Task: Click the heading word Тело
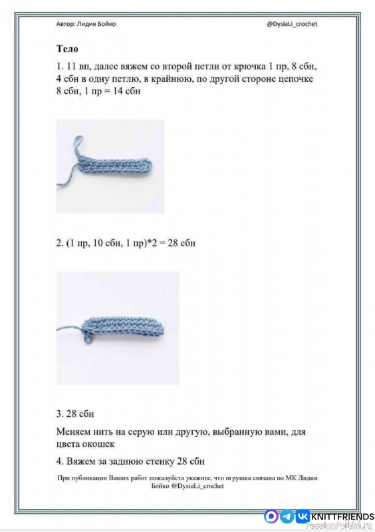[x=67, y=49]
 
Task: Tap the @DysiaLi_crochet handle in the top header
[x=292, y=24]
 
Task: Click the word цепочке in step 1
[x=296, y=78]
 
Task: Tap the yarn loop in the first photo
[x=78, y=145]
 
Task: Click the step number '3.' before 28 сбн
[x=60, y=414]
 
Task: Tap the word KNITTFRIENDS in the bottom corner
[x=342, y=517]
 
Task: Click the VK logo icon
[x=302, y=517]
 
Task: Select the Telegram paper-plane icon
[x=287, y=517]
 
